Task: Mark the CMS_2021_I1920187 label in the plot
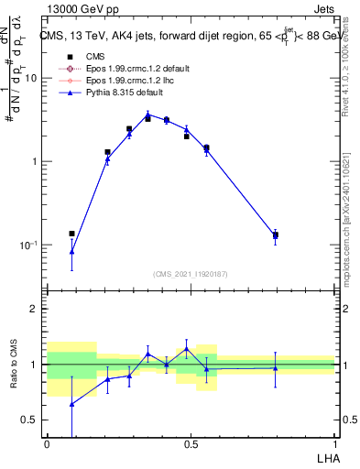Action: pyautogui.click(x=190, y=275)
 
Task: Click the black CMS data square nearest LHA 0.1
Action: pyautogui.click(x=72, y=234)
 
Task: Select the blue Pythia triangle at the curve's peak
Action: pyautogui.click(x=147, y=115)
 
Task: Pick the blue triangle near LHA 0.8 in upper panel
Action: pyautogui.click(x=275, y=235)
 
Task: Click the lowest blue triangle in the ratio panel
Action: pyautogui.click(x=72, y=404)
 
